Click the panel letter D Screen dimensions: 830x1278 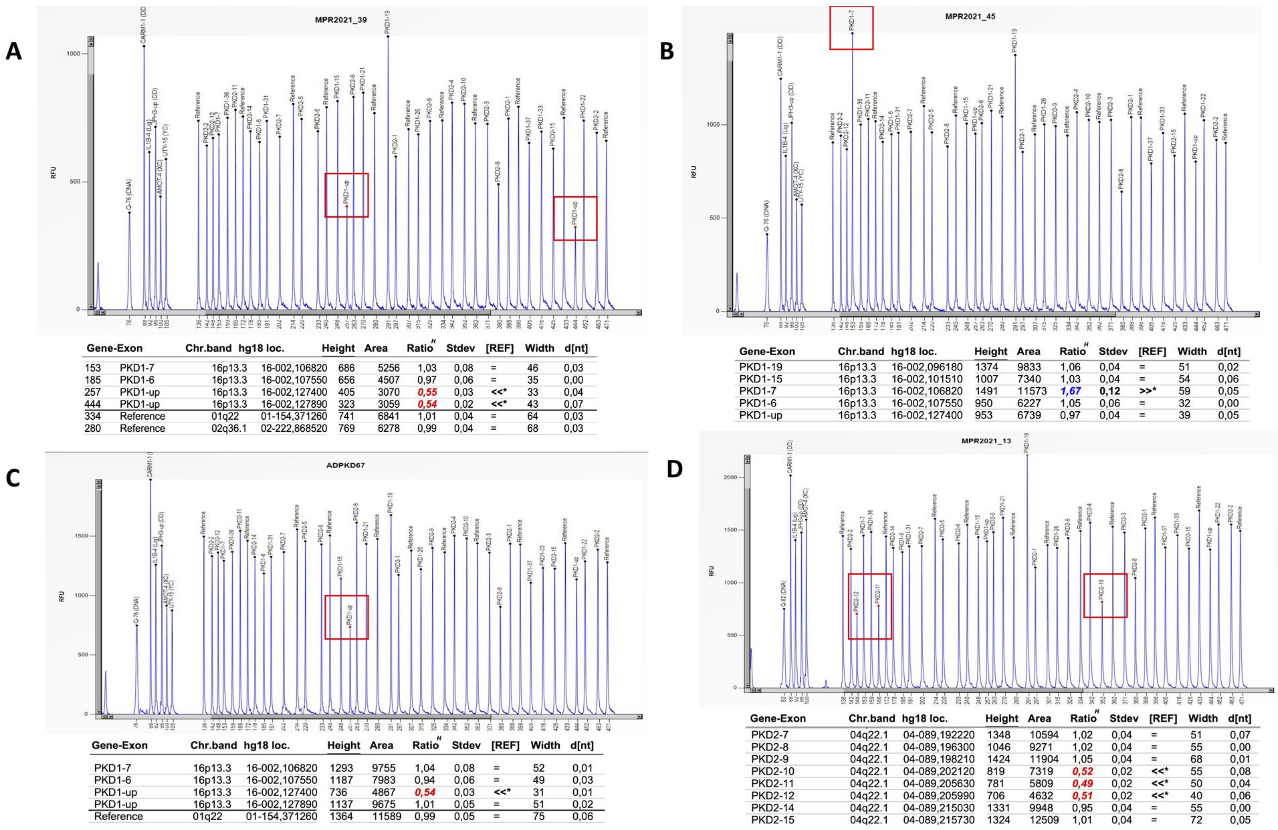(675, 469)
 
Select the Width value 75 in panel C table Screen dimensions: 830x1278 (538, 817)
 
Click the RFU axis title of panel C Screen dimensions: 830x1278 (62, 595)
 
